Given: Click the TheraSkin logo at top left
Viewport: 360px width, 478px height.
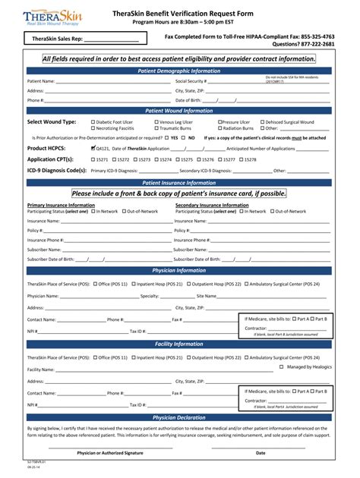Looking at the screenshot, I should click(x=52, y=17).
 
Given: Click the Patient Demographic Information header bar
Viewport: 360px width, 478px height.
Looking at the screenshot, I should click(x=179, y=71).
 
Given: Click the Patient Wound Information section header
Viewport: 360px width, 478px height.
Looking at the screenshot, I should click(x=179, y=110).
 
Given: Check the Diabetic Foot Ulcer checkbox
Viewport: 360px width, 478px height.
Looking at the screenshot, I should click(x=93, y=121).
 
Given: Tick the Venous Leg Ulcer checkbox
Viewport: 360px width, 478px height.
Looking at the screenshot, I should click(x=156, y=121).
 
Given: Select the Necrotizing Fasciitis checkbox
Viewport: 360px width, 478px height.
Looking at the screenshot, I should click(x=93, y=128).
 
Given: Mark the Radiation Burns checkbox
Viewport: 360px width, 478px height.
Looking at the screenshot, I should click(x=219, y=128).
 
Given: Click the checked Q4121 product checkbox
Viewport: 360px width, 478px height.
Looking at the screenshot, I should click(x=93, y=149).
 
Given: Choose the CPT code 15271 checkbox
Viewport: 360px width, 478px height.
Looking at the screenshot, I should click(x=93, y=159).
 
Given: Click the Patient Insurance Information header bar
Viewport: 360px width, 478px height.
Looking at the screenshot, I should click(x=179, y=182).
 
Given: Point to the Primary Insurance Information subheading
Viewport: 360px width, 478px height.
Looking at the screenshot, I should click(x=61, y=205).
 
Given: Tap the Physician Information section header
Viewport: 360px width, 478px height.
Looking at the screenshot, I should click(x=179, y=269).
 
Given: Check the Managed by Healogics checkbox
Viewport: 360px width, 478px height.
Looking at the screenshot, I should click(x=281, y=366).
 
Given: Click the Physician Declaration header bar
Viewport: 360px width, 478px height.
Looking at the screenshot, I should click(x=179, y=417).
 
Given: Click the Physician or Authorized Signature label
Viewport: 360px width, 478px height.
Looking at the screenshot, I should click(x=109, y=453).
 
